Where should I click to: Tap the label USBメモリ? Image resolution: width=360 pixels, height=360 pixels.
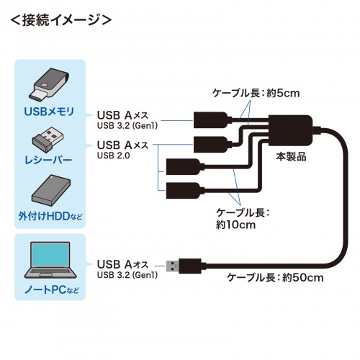point(49,111)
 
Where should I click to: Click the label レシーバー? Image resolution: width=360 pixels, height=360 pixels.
point(49,160)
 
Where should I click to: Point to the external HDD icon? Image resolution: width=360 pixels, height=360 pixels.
point(49,189)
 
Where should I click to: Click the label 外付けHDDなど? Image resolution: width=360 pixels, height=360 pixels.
point(49,215)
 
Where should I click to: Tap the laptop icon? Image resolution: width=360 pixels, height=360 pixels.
point(49,261)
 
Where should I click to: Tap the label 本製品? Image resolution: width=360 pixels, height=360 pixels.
point(291,156)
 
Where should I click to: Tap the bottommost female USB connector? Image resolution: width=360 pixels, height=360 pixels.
point(179,191)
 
